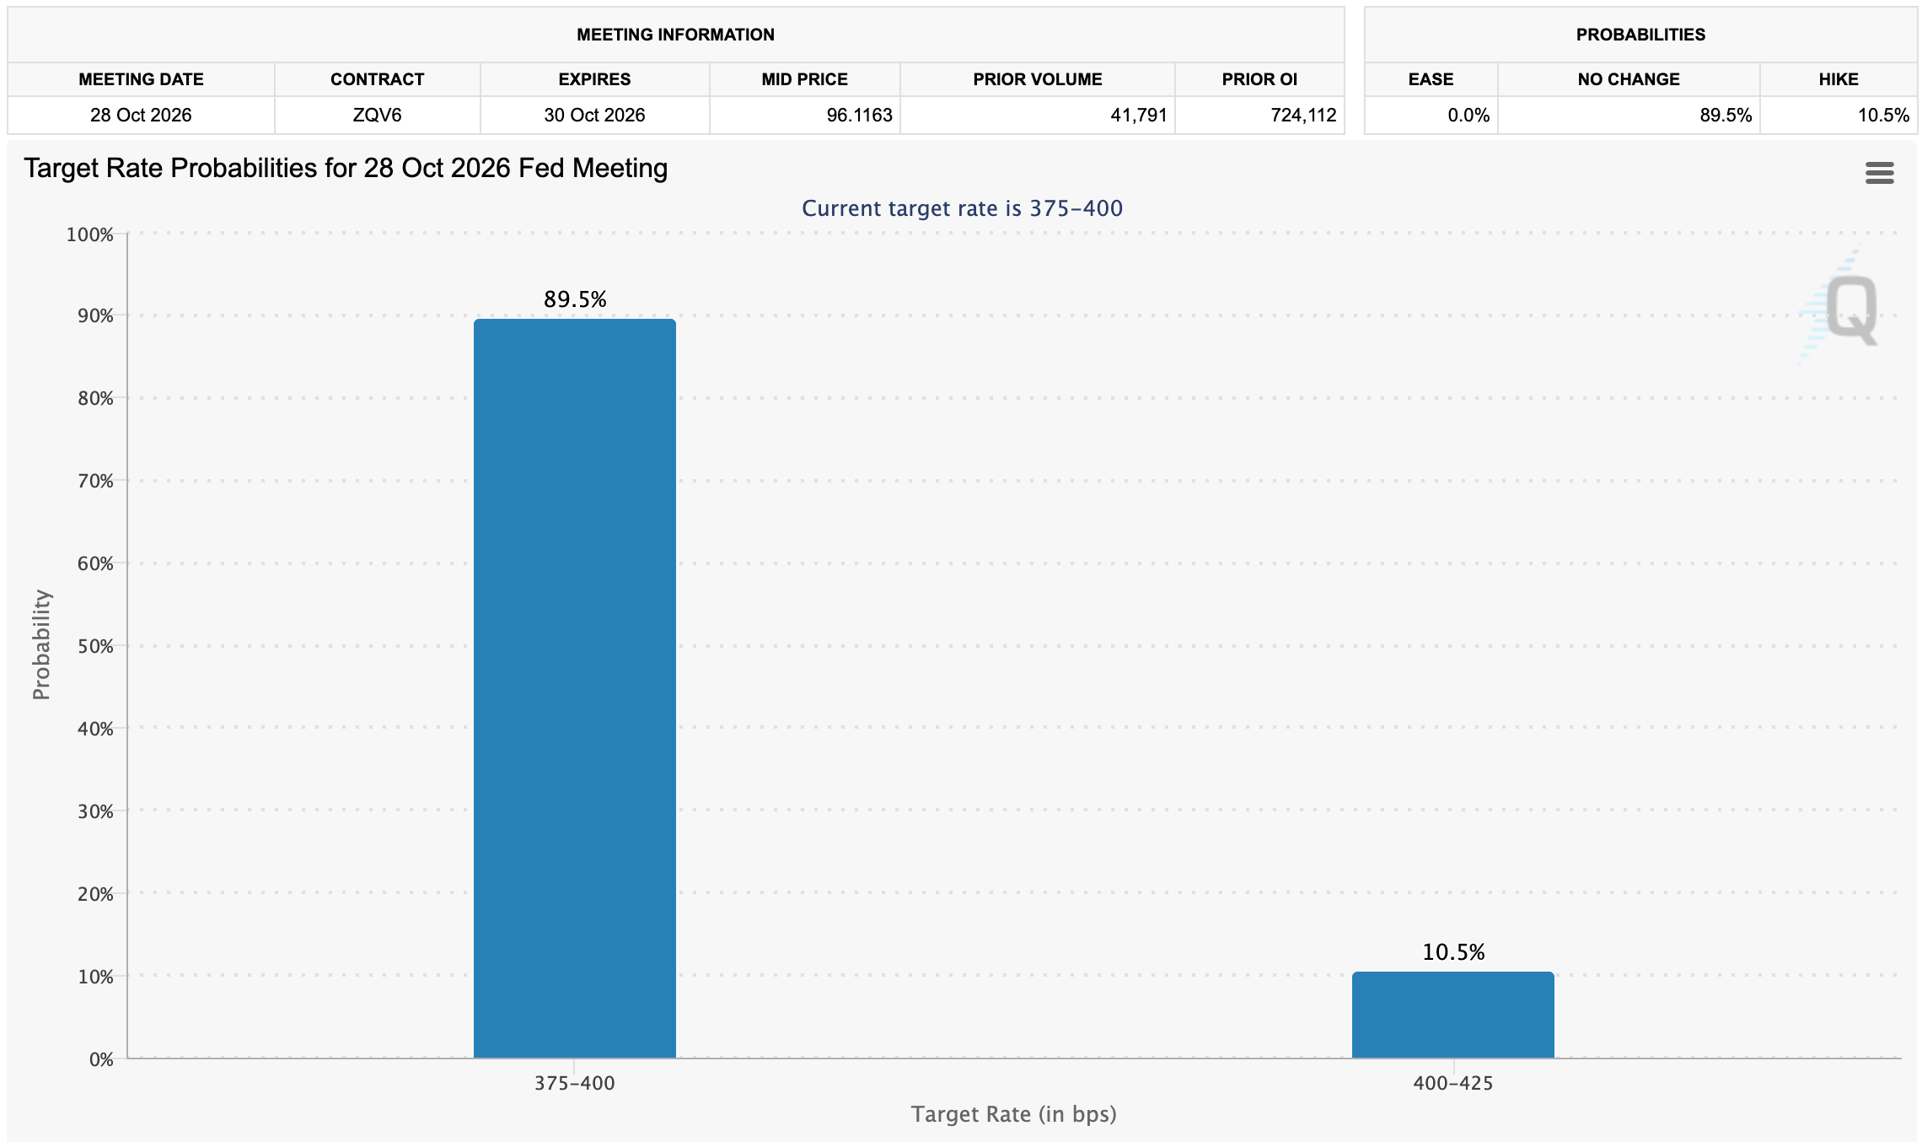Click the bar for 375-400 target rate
point(575,688)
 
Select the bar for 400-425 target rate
point(1453,1015)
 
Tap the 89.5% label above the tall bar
point(575,299)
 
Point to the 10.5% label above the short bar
point(1453,952)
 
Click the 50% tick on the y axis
point(95,646)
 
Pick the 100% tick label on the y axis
point(89,234)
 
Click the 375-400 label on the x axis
point(575,1084)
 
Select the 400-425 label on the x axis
point(1453,1084)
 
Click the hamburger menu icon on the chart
point(1880,173)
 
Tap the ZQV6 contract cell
point(377,116)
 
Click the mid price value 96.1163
point(859,116)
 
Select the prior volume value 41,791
point(1139,116)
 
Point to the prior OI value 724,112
point(1304,116)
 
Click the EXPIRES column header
point(594,79)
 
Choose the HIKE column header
point(1839,79)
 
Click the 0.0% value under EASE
point(1468,116)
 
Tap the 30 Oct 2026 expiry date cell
point(594,116)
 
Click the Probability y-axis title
point(41,645)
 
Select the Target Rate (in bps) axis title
point(1014,1114)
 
